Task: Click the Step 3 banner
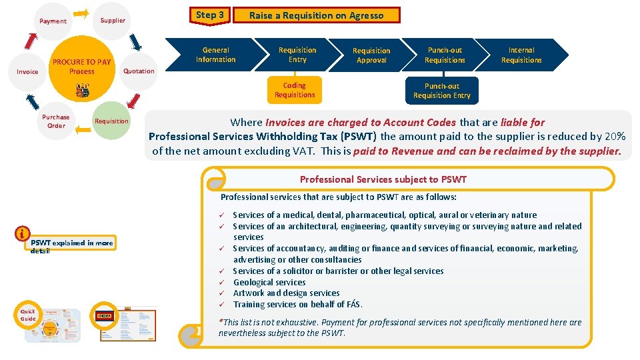pos(211,15)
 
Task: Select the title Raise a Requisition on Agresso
pos(317,15)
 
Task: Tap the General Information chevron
pos(215,55)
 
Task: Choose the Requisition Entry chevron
pos(297,55)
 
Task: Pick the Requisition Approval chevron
pos(371,55)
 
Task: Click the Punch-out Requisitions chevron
pos(445,55)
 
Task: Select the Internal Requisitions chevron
pos(521,55)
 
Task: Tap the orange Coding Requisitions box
pos(294,90)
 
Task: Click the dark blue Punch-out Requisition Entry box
pos(441,91)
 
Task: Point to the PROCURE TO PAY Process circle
pos(82,67)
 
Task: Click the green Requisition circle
pos(111,121)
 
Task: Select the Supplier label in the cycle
pos(113,20)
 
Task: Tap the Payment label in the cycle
pos(53,21)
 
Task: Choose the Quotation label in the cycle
pos(139,71)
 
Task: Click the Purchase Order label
pos(56,121)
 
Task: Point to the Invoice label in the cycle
pos(27,71)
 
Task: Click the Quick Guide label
pos(28,315)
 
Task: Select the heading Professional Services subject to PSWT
pos(383,179)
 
